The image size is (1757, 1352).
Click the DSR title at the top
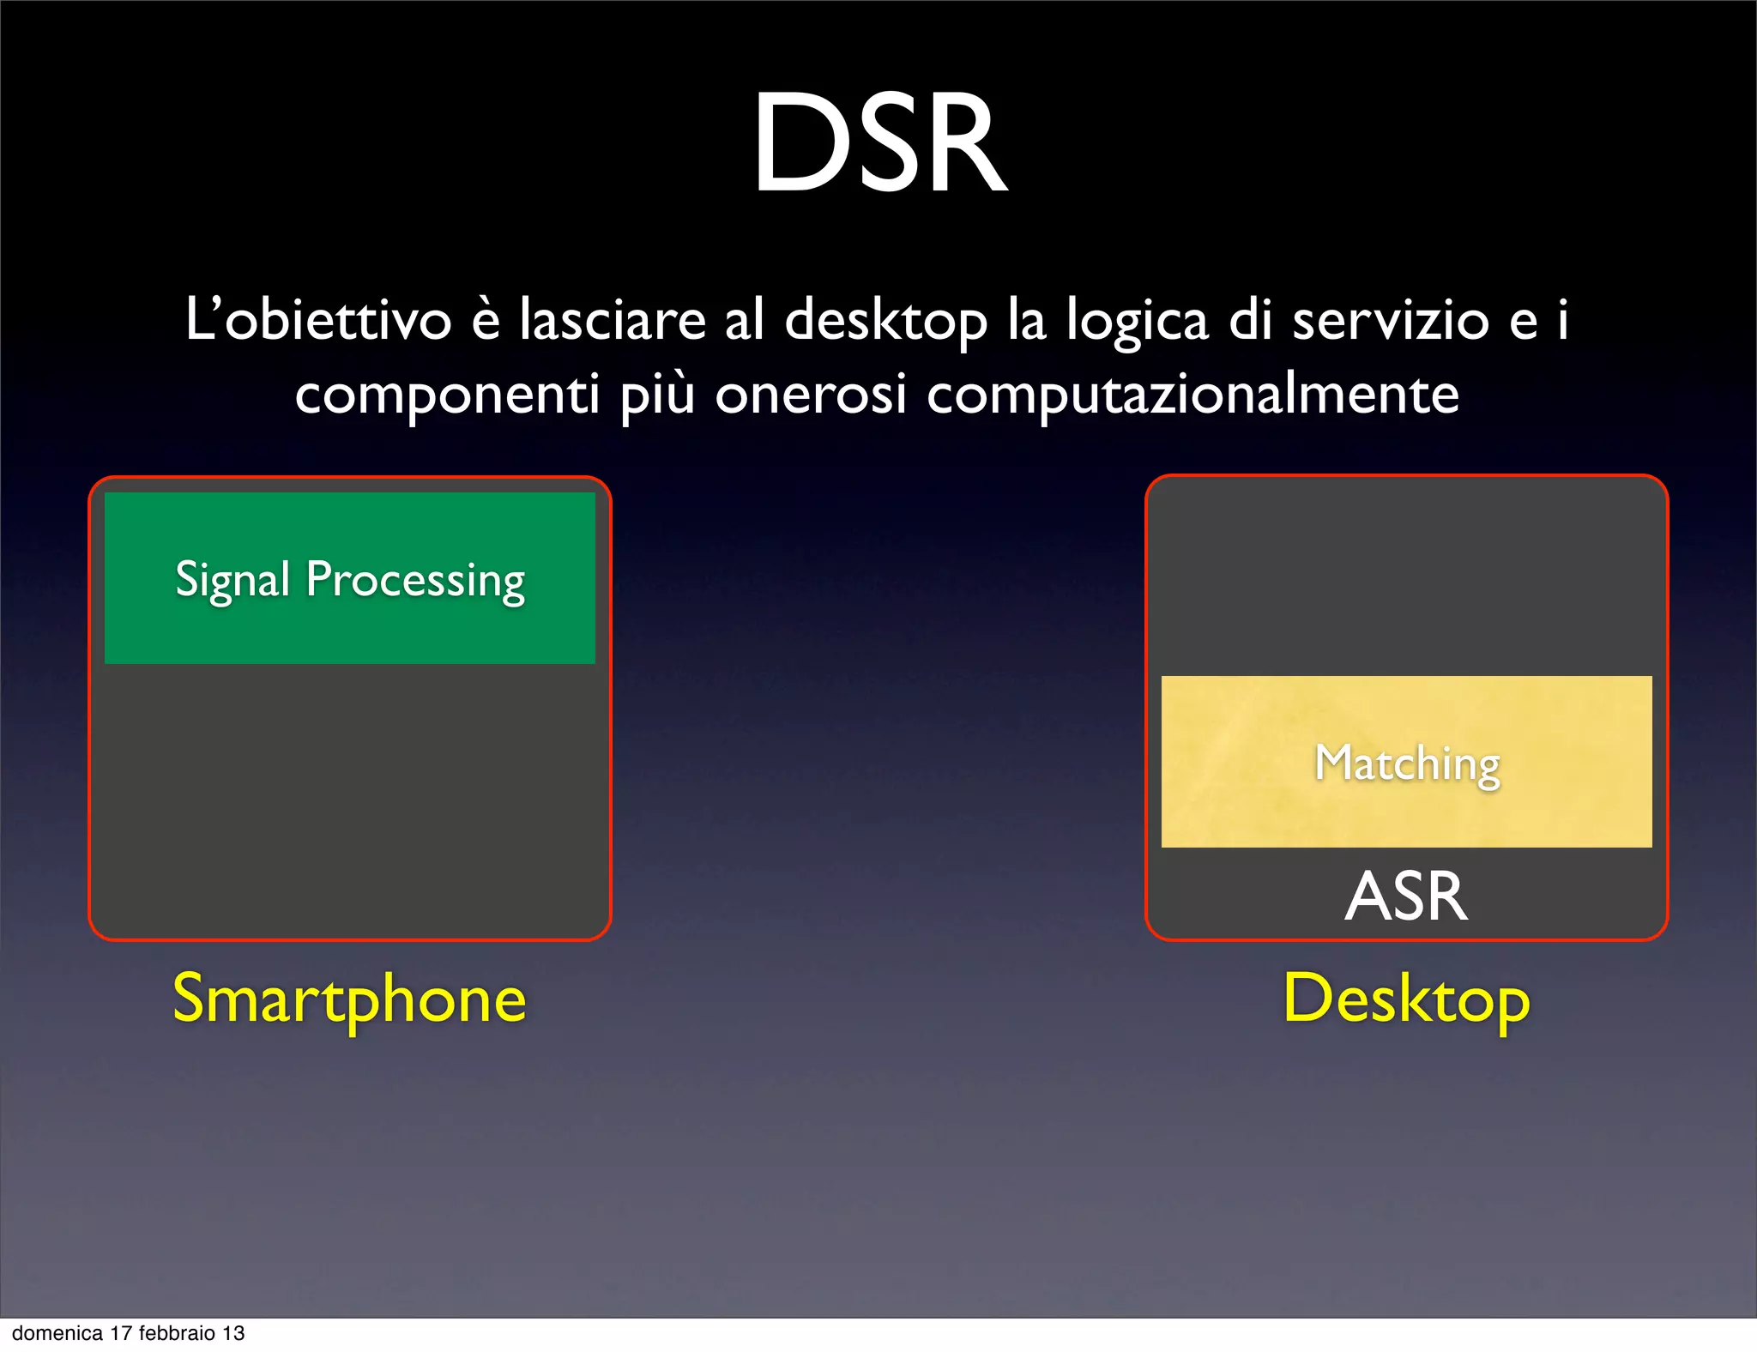879,143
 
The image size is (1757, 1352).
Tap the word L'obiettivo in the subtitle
318,320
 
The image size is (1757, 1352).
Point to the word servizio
1390,320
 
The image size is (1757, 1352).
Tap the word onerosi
811,395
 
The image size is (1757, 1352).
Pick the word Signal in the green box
232,581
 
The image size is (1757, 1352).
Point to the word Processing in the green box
415,581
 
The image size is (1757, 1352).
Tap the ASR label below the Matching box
1406,896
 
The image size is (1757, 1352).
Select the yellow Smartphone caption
349,999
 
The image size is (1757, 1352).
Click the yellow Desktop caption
1406,999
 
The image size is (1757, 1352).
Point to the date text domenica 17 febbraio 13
129,1333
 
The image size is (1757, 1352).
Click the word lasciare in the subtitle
613,320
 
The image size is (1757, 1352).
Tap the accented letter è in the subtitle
486,320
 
